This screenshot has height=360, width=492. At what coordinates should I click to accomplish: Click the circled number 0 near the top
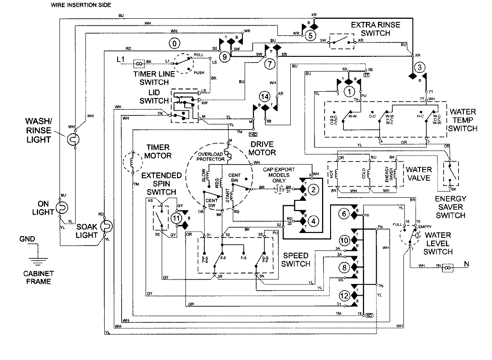(175, 43)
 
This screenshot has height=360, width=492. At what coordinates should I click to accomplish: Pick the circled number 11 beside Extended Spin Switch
(176, 218)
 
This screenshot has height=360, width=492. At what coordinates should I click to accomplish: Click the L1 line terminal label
(120, 59)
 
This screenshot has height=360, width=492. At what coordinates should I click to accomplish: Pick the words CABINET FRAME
(38, 277)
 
